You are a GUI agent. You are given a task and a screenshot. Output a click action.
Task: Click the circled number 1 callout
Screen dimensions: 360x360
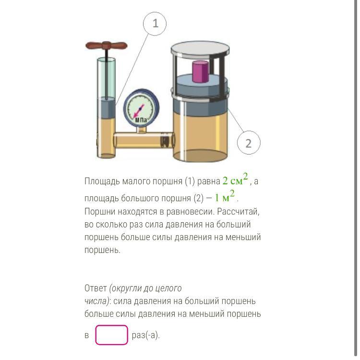[x=155, y=24]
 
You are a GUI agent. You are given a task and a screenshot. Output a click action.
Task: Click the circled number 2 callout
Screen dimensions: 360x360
[x=249, y=143]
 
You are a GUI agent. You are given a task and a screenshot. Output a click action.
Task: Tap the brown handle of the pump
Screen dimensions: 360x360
[x=106, y=46]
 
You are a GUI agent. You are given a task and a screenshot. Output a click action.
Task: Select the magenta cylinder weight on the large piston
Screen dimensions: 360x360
[x=201, y=71]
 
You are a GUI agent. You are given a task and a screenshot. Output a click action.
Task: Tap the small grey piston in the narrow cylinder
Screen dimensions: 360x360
[x=106, y=108]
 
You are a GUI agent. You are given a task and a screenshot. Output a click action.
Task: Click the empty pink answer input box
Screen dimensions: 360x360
[x=111, y=335]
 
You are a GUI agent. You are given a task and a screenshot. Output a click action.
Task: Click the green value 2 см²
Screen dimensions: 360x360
[x=235, y=180]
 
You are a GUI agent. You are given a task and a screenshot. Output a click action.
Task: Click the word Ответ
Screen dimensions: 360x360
[x=96, y=288]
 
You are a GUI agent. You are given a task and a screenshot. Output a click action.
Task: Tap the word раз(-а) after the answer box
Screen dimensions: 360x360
[x=145, y=335]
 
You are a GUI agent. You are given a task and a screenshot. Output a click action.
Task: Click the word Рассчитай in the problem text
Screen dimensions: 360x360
[x=238, y=212]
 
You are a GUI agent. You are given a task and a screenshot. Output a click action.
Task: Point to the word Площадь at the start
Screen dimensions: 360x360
[x=102, y=181]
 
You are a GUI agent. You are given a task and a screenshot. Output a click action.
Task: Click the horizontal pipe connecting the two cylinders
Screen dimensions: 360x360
[x=144, y=140]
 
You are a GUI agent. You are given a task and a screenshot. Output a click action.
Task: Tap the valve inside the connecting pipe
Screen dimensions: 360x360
[x=165, y=140]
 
